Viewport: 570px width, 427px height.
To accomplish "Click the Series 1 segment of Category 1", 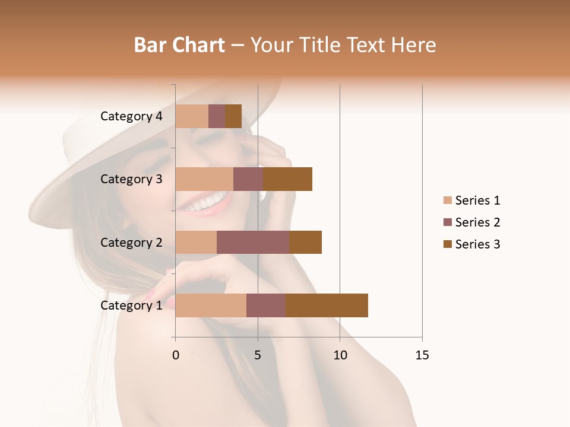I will pos(211,305).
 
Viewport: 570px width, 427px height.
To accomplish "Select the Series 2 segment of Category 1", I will pos(266,305).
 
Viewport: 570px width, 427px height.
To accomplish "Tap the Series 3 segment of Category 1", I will pos(327,305).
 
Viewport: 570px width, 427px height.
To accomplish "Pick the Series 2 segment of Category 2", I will pos(253,242).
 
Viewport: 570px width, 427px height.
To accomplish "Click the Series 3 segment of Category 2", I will pos(305,242).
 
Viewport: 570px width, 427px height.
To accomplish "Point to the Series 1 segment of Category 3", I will pos(204,179).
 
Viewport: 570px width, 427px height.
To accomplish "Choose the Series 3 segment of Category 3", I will pos(287,179).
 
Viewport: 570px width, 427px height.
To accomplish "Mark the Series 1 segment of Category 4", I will pos(192,116).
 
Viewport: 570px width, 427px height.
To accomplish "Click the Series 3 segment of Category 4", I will pos(233,116).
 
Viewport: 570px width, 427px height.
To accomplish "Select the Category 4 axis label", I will pos(131,116).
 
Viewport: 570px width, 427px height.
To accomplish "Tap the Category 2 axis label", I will pos(131,242).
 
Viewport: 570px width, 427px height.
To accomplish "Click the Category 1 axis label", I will pos(131,305).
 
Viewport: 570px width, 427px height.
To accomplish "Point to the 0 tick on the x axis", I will pos(176,355).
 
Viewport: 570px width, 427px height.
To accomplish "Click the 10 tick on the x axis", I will pos(340,355).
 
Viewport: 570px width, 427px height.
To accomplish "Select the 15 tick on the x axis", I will pos(422,355).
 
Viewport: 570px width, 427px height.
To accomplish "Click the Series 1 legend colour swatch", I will pos(447,200).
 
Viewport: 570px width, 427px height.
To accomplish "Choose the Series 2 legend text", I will pos(477,222).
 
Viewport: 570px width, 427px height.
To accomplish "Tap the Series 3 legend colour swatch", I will pos(447,244).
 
